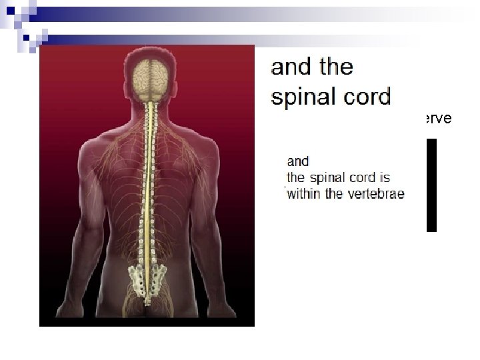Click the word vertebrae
(375, 194)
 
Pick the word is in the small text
(383, 178)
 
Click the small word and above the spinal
(298, 161)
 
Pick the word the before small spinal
(295, 178)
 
